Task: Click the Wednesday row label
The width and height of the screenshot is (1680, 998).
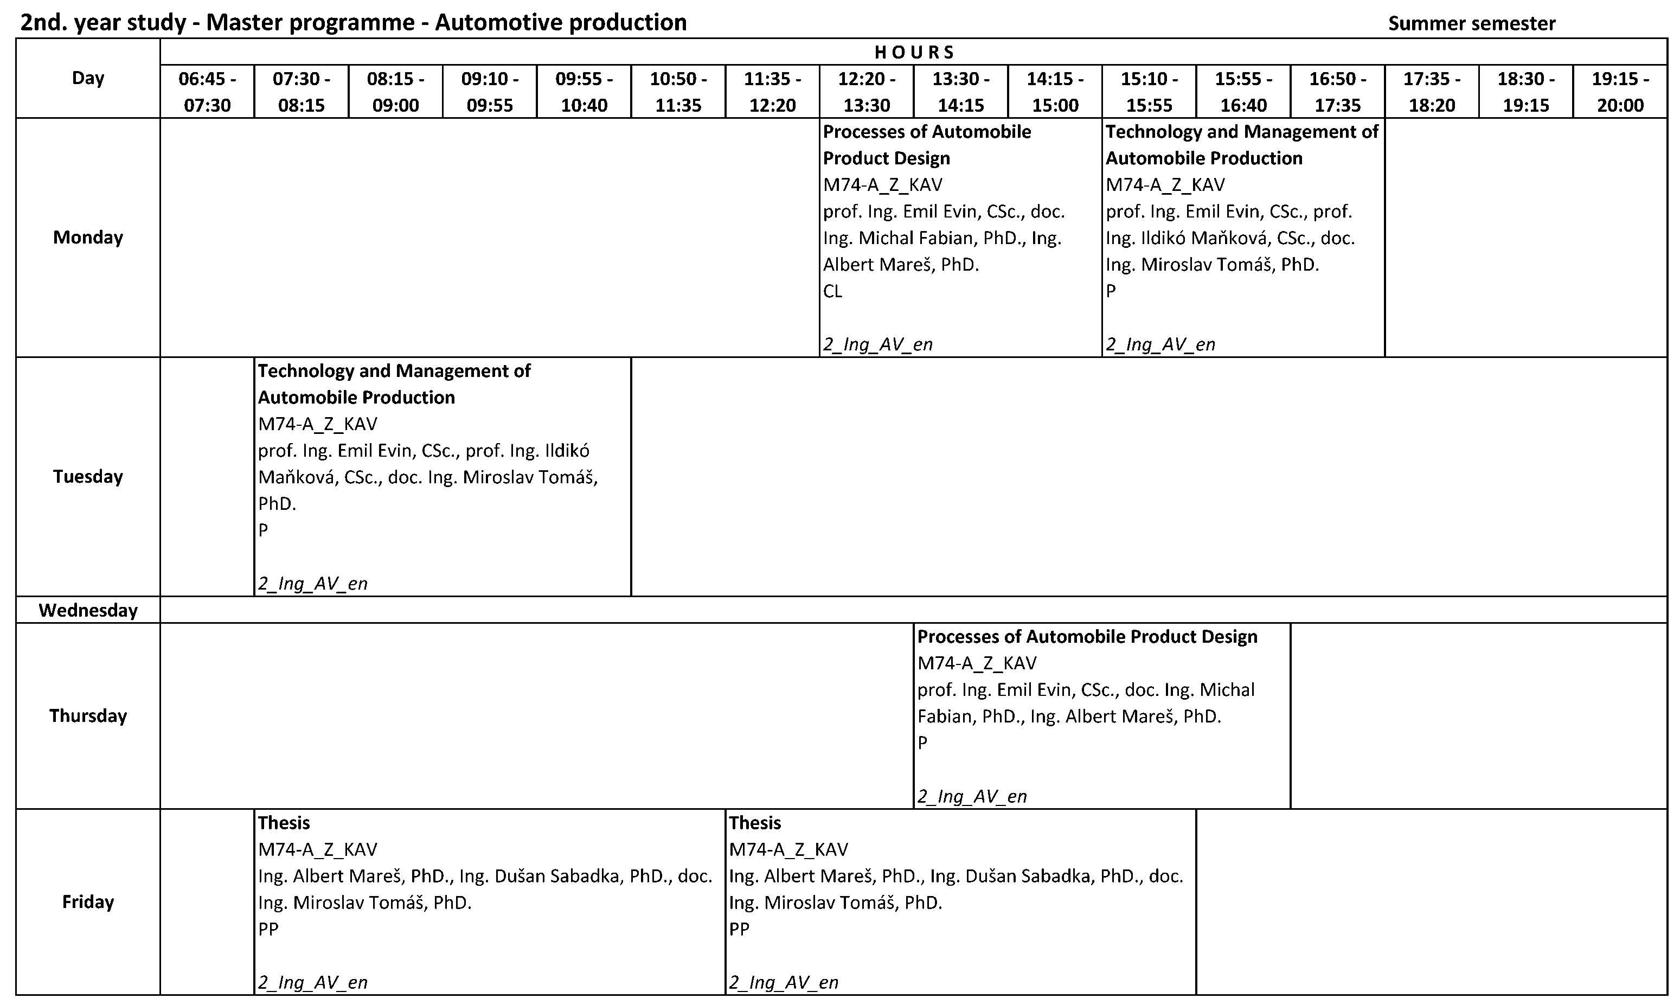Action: point(88,610)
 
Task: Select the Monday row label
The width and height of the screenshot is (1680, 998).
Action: point(88,238)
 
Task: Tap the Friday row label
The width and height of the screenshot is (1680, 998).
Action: point(88,902)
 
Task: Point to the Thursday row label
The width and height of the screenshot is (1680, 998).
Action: point(88,715)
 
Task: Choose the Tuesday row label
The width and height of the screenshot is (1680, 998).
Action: point(88,477)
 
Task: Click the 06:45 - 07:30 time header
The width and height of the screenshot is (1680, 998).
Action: point(207,92)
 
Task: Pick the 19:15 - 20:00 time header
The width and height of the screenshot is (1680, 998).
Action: point(1620,92)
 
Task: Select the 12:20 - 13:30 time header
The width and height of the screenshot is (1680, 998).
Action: point(867,92)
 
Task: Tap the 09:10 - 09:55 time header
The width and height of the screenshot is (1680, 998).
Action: point(489,92)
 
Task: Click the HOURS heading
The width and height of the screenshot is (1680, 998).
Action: point(914,52)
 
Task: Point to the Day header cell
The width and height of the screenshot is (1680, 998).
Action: point(88,78)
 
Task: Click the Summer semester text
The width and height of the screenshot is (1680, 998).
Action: point(1472,23)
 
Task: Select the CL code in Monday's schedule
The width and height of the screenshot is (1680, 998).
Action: point(832,291)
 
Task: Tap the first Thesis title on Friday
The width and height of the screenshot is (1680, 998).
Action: point(284,822)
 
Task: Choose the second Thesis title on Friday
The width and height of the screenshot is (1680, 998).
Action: point(755,822)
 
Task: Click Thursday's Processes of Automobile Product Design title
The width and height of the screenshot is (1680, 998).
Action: point(1087,637)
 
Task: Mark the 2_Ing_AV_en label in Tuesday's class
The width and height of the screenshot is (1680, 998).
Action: point(312,583)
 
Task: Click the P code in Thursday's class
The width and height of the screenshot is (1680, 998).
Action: point(922,743)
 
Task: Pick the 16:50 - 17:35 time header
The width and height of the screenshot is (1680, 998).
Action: point(1338,92)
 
